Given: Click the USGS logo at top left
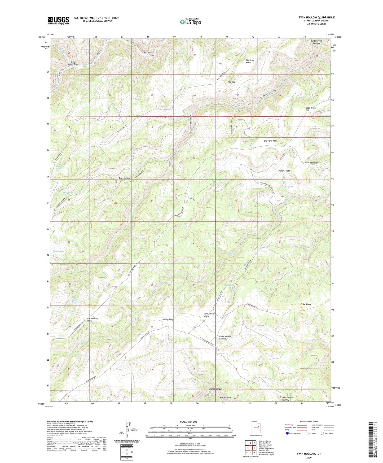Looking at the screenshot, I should pos(58,20).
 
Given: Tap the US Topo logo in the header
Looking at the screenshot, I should pos(190,22).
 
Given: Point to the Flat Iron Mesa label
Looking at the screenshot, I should pos(250,62).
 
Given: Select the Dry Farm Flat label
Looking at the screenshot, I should pos(270,141).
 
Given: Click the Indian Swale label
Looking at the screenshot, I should pos(284,171).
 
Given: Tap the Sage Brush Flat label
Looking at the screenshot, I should pos(311,109).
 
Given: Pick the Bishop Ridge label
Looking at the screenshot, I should pos(168,320).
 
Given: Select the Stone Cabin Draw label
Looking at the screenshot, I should pos(73,63).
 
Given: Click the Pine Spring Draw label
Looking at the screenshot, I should pos(209,315).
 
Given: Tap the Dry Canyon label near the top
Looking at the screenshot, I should pos(148,53).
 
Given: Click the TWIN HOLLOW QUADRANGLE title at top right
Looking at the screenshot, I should pos(316,18).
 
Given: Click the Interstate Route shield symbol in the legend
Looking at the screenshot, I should pos(288,433).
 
